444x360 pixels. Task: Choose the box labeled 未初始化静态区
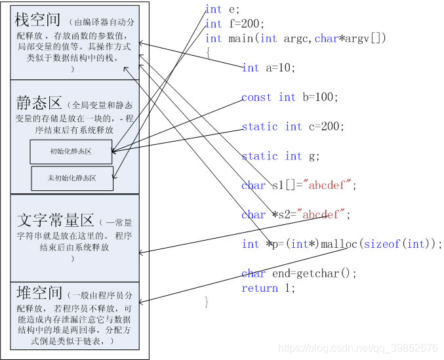point(72,178)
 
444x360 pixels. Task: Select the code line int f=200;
point(226,24)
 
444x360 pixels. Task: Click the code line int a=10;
point(269,68)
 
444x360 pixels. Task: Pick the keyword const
point(256,97)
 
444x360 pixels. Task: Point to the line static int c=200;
point(293,127)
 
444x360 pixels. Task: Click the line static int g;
point(281,156)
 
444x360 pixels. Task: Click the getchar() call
point(326,273)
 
